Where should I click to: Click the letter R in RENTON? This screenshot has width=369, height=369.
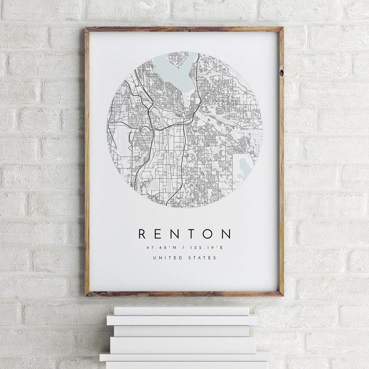(142, 234)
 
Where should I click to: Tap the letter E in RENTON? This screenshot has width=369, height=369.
(158, 234)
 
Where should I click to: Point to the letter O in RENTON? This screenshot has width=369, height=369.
(208, 234)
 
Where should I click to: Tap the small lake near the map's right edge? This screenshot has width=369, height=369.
(244, 167)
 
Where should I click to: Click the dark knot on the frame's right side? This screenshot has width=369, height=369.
(281, 72)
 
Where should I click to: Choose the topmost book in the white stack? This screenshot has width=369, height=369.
(181, 311)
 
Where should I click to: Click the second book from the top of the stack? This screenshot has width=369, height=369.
(182, 320)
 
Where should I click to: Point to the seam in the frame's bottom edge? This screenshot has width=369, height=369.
(149, 293)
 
